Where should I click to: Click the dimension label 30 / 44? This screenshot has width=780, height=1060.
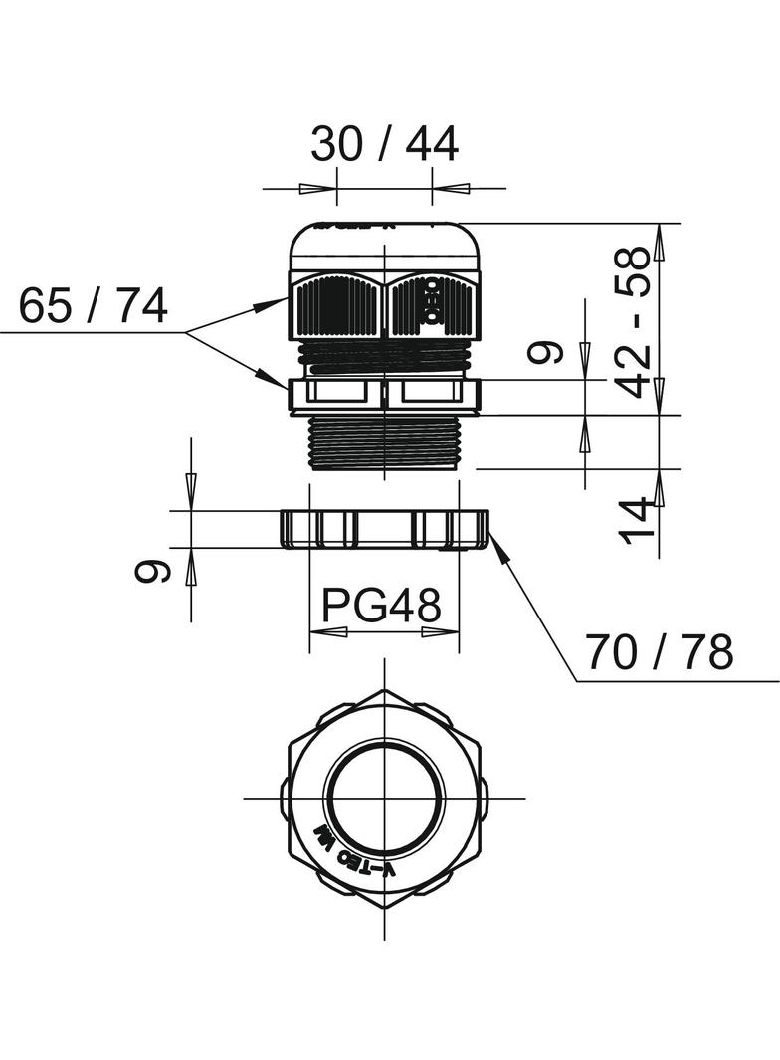(384, 145)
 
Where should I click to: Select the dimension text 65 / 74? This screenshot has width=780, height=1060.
(94, 306)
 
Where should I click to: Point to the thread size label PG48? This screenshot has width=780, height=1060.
(383, 604)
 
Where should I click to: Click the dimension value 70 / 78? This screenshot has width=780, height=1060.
(659, 653)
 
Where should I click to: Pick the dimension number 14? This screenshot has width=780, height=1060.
(638, 519)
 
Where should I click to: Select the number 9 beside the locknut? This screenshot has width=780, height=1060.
(152, 571)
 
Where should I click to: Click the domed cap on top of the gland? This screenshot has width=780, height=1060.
(384, 245)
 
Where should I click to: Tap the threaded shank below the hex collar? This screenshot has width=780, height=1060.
(384, 442)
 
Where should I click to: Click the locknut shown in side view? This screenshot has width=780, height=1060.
(384, 529)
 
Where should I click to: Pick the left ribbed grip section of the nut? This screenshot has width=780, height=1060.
(336, 306)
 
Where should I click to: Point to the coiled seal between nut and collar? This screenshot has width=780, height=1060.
(384, 357)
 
